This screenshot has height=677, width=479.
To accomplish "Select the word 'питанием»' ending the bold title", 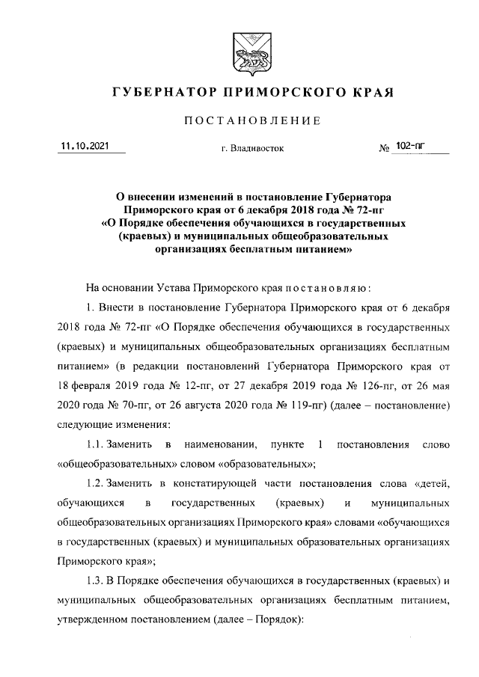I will (326, 253).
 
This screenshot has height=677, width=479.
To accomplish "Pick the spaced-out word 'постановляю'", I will (323, 288).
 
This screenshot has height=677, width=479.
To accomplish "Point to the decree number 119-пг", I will (289, 405).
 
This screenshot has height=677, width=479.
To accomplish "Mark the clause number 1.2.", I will (99, 483).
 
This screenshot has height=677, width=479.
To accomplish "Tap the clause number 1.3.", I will (99, 580).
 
